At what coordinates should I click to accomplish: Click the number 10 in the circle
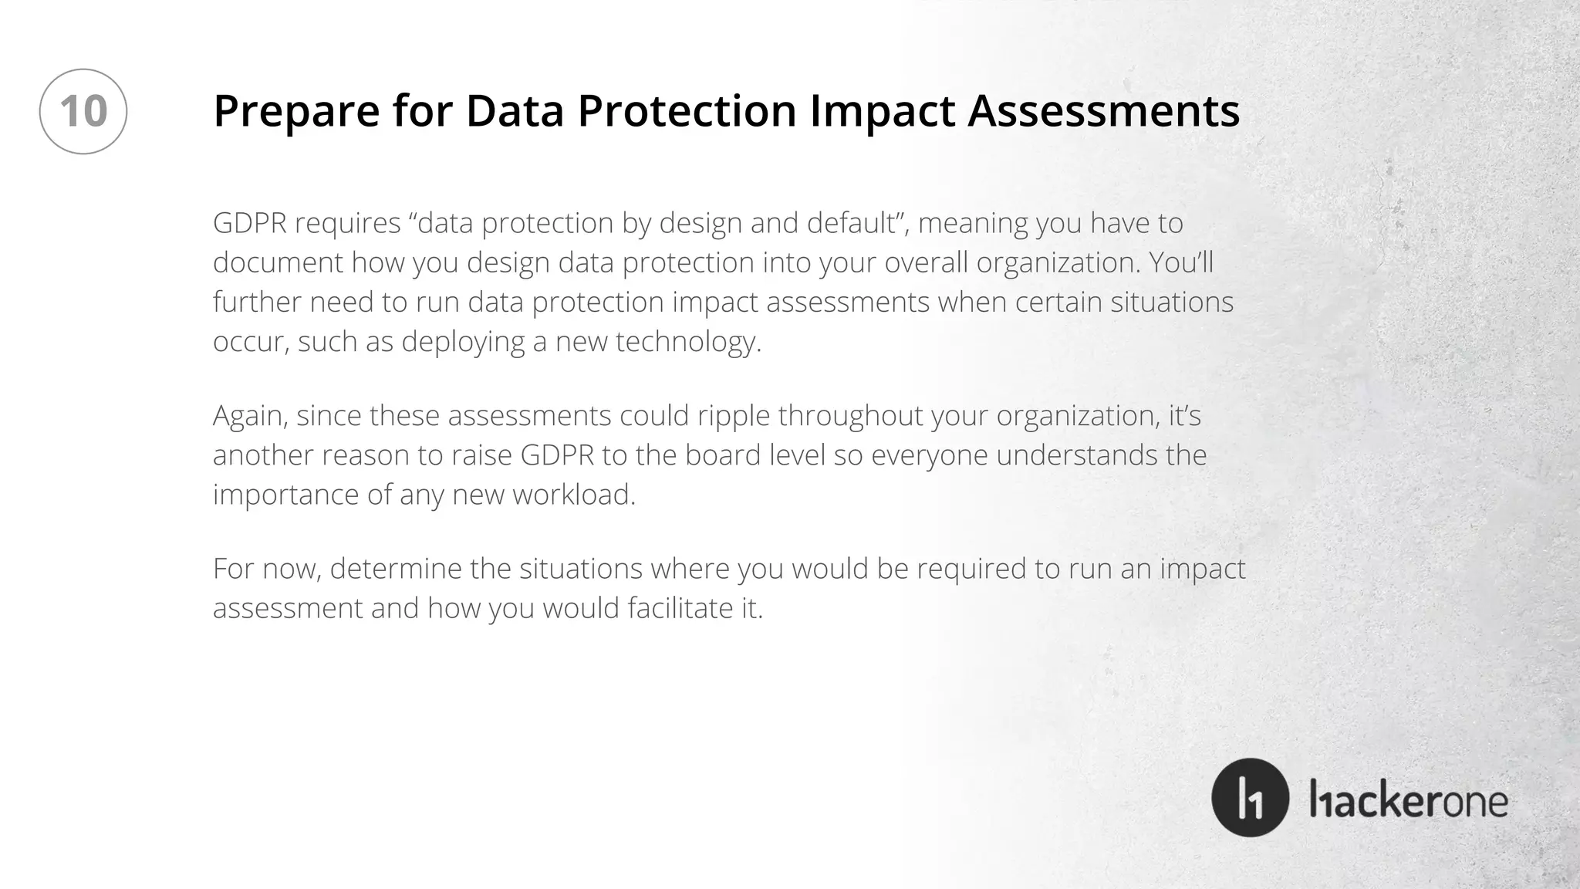click(x=83, y=111)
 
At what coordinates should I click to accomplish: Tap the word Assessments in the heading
click(x=1103, y=111)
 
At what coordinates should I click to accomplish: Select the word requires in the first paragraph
click(x=347, y=224)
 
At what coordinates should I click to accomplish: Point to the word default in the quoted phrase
click(x=854, y=224)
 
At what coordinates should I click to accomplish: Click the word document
click(x=278, y=263)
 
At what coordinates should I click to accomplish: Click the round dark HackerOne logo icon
click(x=1250, y=798)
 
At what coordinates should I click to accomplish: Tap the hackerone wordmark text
click(x=1409, y=800)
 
